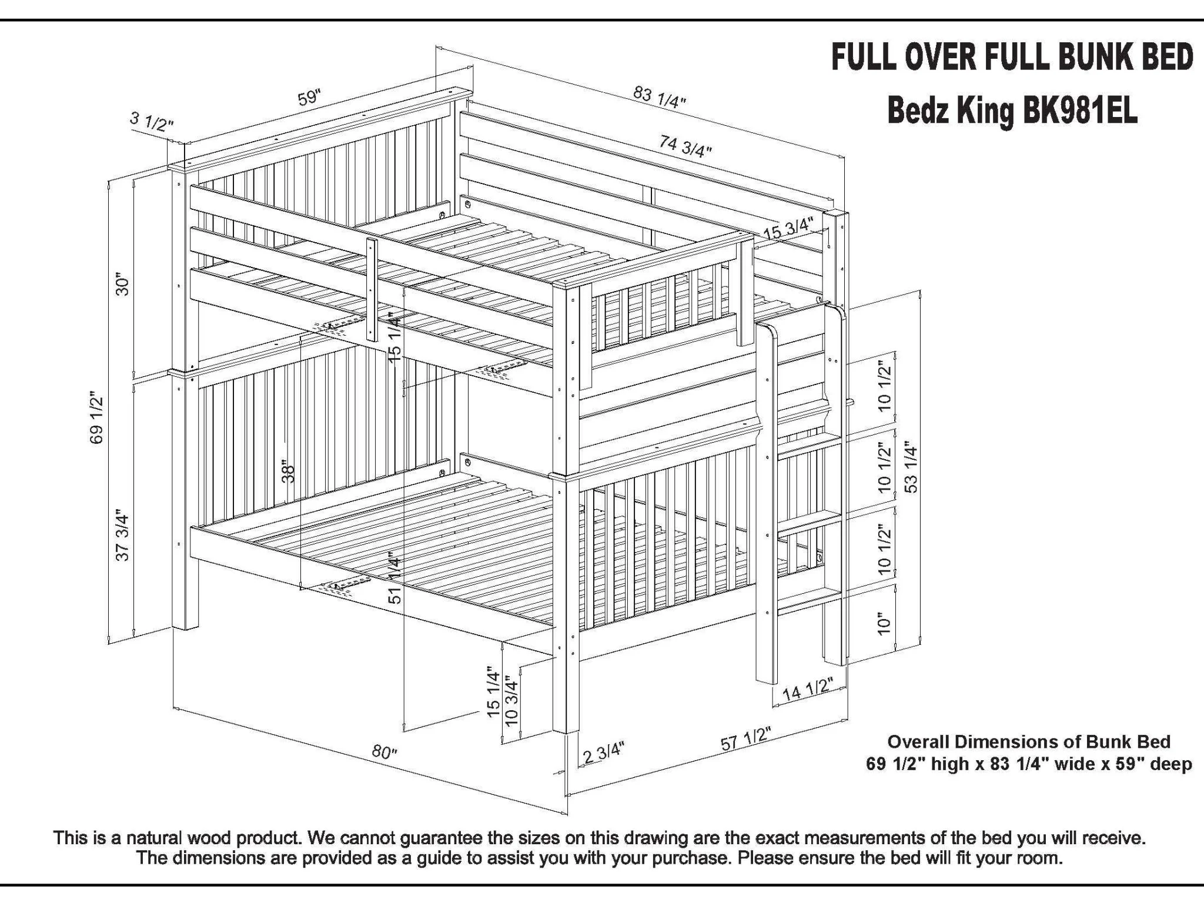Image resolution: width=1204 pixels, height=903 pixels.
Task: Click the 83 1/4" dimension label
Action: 660,98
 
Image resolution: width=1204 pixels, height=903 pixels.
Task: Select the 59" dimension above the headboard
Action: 309,98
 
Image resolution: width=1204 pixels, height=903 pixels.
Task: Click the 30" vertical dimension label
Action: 122,283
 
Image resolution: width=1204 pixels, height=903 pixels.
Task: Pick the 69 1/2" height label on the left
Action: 97,420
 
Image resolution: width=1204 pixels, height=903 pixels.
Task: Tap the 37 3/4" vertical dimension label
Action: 122,535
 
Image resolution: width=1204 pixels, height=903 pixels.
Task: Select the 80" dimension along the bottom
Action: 385,751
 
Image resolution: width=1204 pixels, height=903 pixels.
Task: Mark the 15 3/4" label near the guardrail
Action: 788,229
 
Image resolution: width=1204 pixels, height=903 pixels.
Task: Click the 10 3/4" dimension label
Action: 511,702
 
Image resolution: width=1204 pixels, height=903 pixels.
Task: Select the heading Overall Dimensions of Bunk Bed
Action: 1028,741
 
